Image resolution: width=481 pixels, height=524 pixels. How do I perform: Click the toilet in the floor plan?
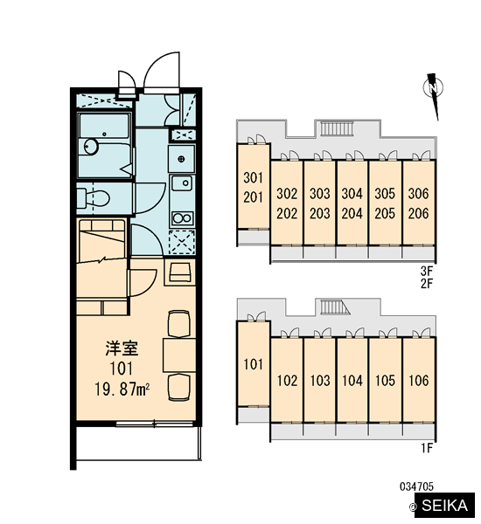point(93,198)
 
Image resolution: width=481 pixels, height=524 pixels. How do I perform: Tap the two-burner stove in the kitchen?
point(183,218)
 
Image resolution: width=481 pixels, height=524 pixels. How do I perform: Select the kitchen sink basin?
point(182,183)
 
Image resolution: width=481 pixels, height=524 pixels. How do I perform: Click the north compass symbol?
point(434,95)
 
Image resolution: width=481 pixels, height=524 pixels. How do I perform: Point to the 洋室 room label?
point(122,348)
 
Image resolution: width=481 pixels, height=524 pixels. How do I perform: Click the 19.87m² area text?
point(122,389)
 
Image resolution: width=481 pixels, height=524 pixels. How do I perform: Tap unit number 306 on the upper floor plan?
point(418,194)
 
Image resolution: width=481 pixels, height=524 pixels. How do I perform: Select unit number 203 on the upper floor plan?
point(320,213)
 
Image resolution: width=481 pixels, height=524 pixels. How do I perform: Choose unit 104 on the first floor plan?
point(352,380)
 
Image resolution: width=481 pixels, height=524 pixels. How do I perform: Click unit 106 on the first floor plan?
point(418,380)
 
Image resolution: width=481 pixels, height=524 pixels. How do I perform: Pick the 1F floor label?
point(427,447)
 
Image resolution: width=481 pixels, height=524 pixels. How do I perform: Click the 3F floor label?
point(427,271)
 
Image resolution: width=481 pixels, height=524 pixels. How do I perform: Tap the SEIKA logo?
point(444,505)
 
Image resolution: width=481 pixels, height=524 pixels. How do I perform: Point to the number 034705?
point(417,486)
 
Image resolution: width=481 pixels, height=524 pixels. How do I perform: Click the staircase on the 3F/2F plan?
point(337,128)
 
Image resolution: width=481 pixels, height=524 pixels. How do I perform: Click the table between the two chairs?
point(179,355)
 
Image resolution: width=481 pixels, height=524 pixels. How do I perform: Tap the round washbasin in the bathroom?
point(91,147)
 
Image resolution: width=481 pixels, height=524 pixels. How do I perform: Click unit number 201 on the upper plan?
point(253,197)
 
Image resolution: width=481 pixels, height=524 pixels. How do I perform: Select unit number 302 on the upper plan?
point(287,194)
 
